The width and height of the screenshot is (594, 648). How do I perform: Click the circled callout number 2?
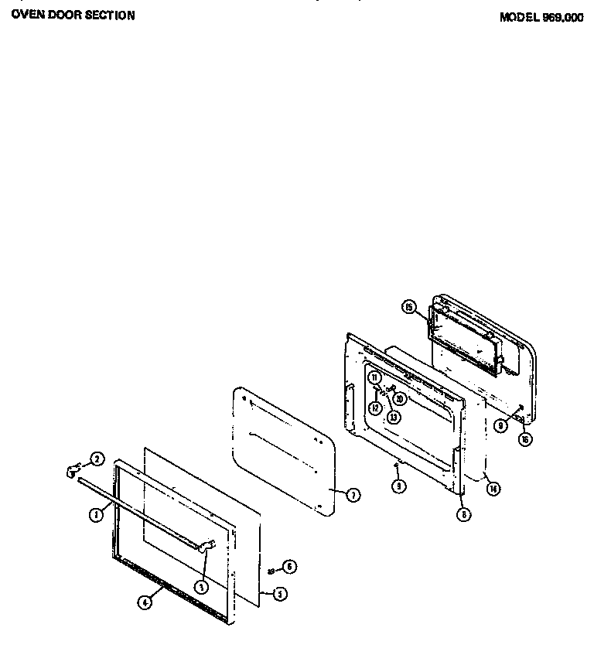(97, 459)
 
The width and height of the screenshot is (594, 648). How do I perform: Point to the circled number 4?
(144, 604)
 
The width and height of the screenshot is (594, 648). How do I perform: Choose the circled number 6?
(289, 566)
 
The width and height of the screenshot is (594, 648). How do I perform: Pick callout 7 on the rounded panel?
(353, 496)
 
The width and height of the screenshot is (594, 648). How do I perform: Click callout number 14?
(491, 487)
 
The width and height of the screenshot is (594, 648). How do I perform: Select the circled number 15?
(409, 308)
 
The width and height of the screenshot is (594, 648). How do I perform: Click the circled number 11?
(374, 378)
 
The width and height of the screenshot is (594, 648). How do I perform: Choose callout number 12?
(374, 408)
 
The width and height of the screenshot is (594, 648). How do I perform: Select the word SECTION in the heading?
(108, 15)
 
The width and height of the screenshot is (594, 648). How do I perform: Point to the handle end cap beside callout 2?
(73, 468)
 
